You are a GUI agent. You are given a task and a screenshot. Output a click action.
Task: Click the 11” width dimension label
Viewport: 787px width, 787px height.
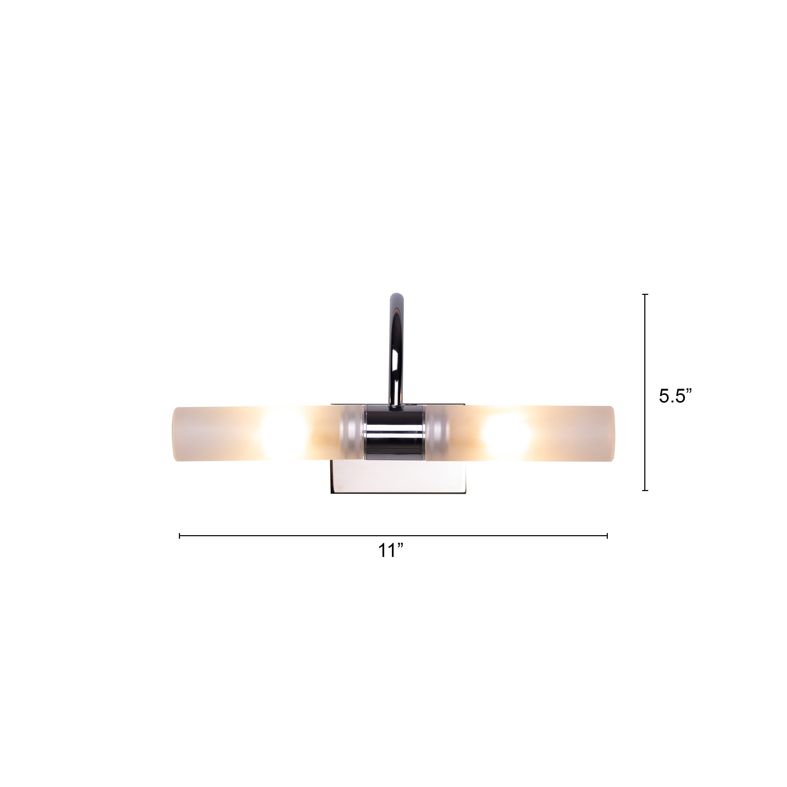coord(390,551)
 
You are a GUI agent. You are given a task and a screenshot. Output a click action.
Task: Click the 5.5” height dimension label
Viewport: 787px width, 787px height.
coord(676,396)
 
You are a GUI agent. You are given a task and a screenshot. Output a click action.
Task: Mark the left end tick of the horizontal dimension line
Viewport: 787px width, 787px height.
coord(180,536)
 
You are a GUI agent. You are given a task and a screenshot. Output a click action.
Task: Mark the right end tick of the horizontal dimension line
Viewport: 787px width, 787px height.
coord(607,536)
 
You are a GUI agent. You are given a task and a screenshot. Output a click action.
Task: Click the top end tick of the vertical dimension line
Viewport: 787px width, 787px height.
coord(645,294)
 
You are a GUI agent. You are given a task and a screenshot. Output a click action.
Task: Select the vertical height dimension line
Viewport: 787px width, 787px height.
coord(645,392)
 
